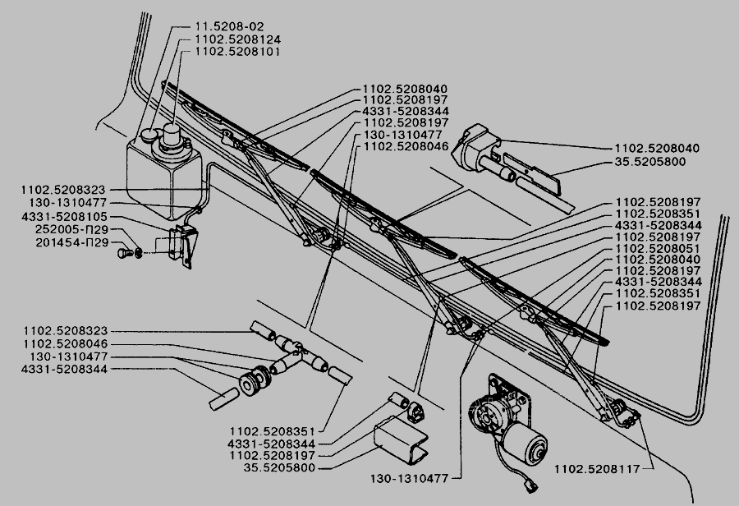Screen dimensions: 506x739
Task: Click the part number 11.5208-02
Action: tap(222, 26)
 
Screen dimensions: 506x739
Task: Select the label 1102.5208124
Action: tap(238, 39)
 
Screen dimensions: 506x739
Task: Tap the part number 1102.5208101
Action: tap(238, 51)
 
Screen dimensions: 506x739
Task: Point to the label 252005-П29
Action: tap(74, 231)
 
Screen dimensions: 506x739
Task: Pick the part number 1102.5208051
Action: tap(654, 247)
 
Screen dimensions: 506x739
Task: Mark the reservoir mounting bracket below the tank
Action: tap(181, 243)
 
